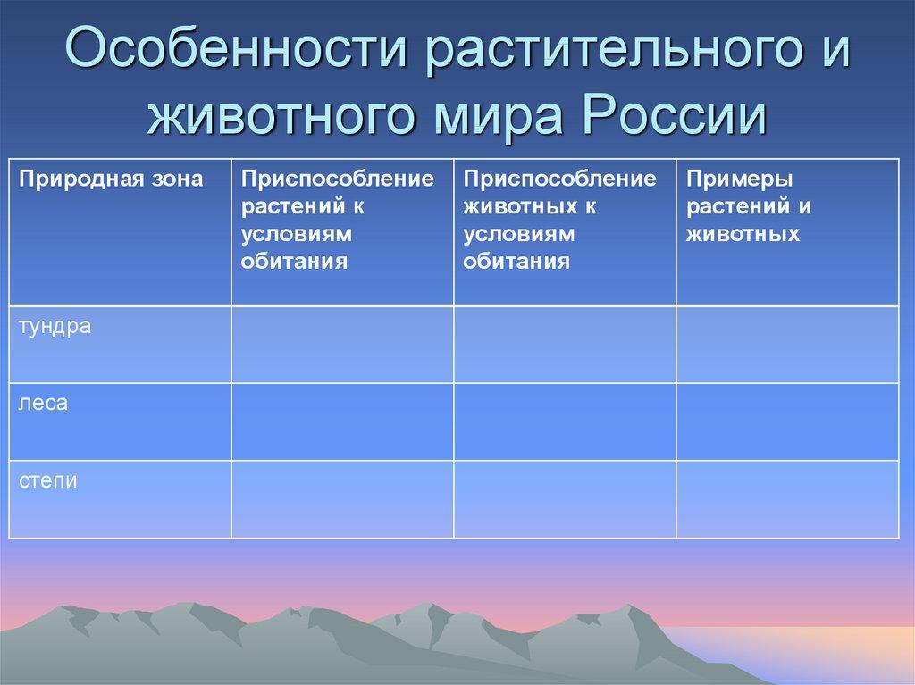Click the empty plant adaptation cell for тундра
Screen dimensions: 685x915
click(342, 345)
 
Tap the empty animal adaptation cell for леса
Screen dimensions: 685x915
click(565, 422)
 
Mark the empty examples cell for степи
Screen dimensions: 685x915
click(786, 499)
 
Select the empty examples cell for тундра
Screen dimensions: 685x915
click(786, 345)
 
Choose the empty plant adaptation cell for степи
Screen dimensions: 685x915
click(342, 499)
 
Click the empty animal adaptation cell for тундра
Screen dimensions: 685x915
click(565, 345)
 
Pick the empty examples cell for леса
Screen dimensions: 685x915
click(786, 422)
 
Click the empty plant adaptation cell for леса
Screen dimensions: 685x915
click(342, 422)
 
